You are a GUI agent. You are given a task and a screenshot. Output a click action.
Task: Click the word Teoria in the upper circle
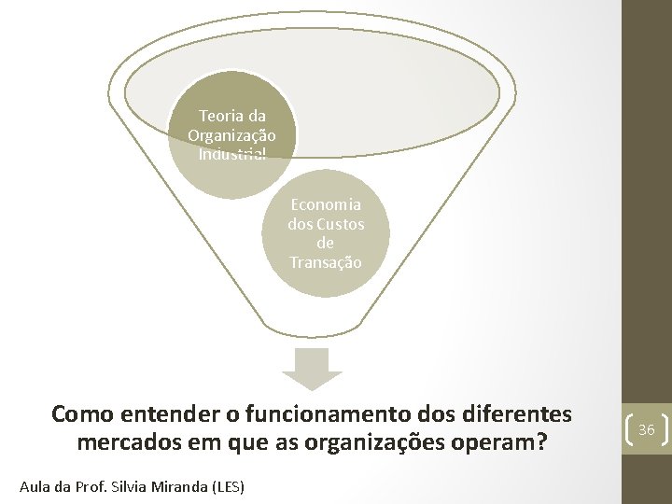[220, 117]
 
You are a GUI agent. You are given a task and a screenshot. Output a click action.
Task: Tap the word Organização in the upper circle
[231, 135]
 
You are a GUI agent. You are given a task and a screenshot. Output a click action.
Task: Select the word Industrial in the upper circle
[231, 153]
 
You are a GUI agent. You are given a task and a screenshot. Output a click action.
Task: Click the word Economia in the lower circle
[326, 204]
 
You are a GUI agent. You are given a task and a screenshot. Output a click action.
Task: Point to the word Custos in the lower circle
[340, 224]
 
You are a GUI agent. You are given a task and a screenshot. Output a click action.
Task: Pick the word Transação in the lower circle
[326, 263]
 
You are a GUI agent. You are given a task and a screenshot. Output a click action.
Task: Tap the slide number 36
[646, 429]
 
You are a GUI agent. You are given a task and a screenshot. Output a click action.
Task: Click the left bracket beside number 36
[627, 429]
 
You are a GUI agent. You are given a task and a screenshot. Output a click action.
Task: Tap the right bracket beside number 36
[665, 429]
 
